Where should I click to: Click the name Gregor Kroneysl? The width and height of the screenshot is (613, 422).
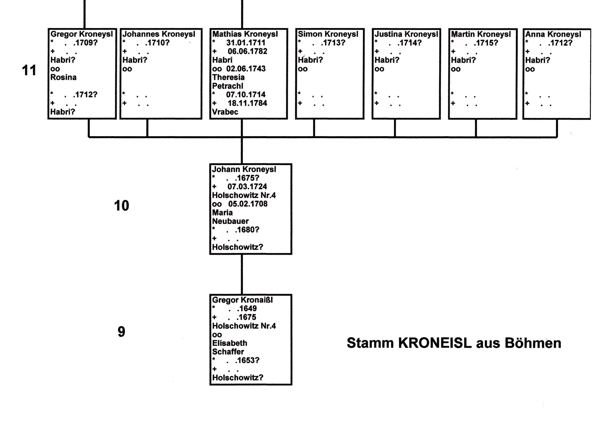pyautogui.click(x=81, y=34)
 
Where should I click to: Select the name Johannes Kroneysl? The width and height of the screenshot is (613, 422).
pyautogui.click(x=159, y=34)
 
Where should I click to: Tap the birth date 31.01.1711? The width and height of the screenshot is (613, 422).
pyautogui.click(x=246, y=43)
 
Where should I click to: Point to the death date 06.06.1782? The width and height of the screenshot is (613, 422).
pyautogui.click(x=248, y=51)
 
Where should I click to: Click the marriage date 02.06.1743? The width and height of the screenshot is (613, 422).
pyautogui.click(x=246, y=69)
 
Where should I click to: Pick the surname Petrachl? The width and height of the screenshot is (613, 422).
pyautogui.click(x=228, y=86)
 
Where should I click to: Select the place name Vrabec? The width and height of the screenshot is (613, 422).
pyautogui.click(x=225, y=112)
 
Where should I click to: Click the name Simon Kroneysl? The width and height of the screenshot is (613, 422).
pyautogui.click(x=328, y=34)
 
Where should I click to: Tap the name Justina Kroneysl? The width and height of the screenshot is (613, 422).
pyautogui.click(x=406, y=34)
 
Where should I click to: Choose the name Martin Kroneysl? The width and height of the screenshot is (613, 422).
pyautogui.click(x=481, y=34)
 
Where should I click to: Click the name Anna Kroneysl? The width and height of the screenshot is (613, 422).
pyautogui.click(x=553, y=34)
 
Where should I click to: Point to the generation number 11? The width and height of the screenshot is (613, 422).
pyautogui.click(x=29, y=70)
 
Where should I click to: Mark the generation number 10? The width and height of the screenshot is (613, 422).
pyautogui.click(x=122, y=205)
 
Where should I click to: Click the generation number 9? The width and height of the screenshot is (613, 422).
pyautogui.click(x=121, y=332)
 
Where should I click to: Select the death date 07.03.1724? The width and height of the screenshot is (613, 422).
pyautogui.click(x=247, y=187)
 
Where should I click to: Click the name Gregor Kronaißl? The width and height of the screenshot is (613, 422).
pyautogui.click(x=242, y=300)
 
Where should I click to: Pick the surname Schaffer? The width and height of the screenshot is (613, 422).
pyautogui.click(x=228, y=352)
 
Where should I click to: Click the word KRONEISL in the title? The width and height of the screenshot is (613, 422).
pyautogui.click(x=435, y=343)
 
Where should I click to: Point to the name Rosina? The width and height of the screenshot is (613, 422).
pyautogui.click(x=63, y=77)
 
